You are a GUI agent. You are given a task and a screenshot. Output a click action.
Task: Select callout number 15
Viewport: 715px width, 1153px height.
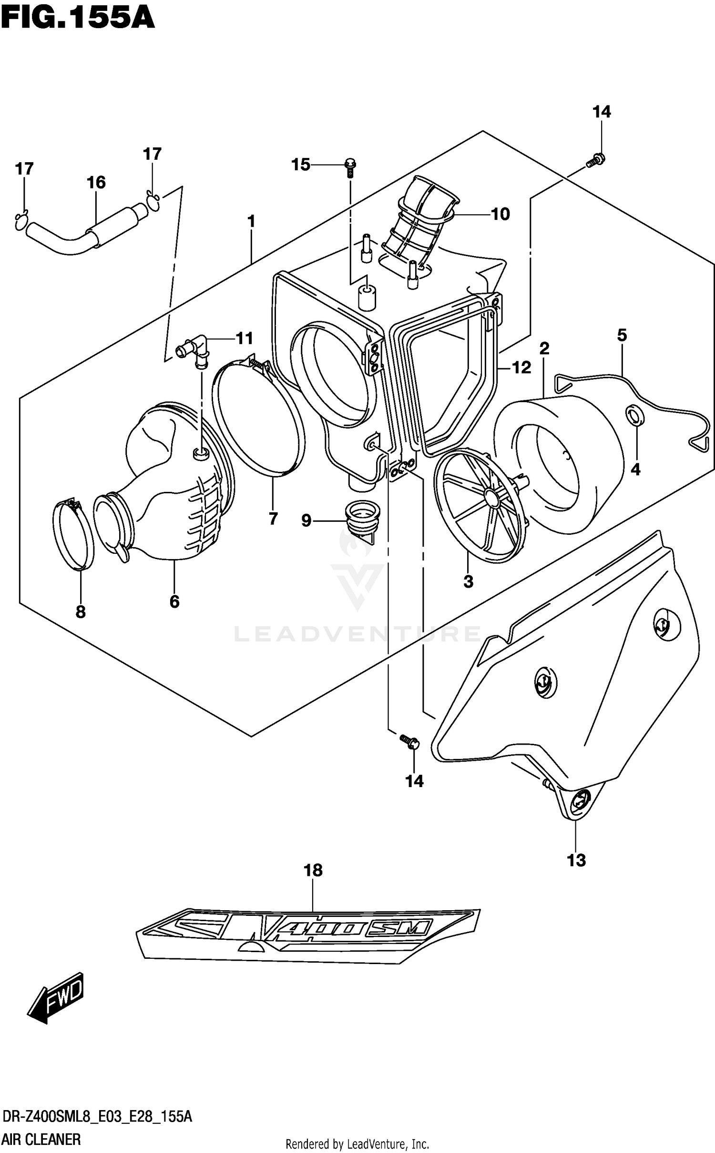(301, 165)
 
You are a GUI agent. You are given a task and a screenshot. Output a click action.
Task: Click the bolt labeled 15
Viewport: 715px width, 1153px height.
(351, 167)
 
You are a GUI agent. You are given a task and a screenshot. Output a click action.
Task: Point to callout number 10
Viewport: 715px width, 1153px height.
(500, 214)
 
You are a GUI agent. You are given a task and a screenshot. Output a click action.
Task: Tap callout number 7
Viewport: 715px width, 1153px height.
(273, 518)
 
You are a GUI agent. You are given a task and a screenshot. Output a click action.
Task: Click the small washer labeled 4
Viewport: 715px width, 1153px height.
(634, 415)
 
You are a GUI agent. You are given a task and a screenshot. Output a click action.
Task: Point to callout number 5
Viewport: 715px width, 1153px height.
(622, 335)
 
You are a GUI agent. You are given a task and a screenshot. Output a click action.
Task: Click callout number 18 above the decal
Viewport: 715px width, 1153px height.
(313, 871)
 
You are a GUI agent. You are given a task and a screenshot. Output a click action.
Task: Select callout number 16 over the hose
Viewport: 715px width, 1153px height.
(96, 182)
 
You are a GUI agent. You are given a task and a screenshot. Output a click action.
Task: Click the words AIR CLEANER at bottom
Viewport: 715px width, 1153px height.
(41, 1140)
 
